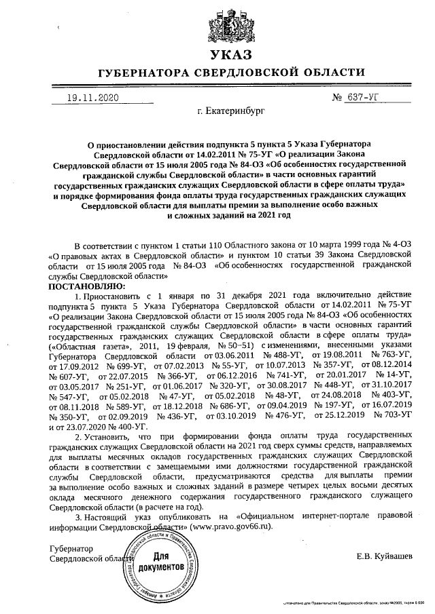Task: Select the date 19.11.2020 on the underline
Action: (92, 98)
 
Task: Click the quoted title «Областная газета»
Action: (85, 345)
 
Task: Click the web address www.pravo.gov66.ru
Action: (230, 526)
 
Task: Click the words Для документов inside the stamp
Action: (160, 560)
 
